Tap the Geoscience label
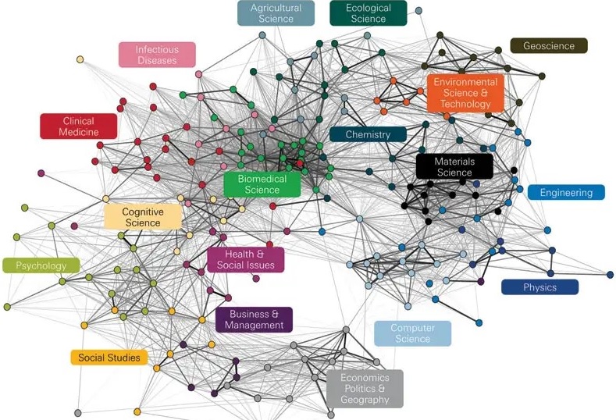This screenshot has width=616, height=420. point(548,46)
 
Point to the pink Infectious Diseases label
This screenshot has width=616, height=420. point(157,55)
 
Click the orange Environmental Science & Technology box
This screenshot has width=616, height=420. point(466,93)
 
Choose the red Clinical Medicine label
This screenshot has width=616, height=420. point(78,126)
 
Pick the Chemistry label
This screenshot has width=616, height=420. point(368,134)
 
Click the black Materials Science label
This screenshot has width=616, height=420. point(454,166)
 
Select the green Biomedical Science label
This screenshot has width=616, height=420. point(262,184)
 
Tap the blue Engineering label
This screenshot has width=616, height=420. point(566,192)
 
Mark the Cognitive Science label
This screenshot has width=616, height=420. point(142,216)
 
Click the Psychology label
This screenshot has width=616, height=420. point(41,265)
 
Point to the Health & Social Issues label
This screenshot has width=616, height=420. point(245,259)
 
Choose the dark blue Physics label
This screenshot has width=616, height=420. point(539,287)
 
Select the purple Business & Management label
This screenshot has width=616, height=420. point(255,319)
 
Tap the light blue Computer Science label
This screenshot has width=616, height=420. point(412,333)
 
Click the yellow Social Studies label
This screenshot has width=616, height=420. point(109,358)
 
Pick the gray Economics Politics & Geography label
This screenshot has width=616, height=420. point(365,389)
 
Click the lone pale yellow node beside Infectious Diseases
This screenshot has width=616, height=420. point(80,59)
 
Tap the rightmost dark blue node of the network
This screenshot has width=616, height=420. point(610,274)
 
